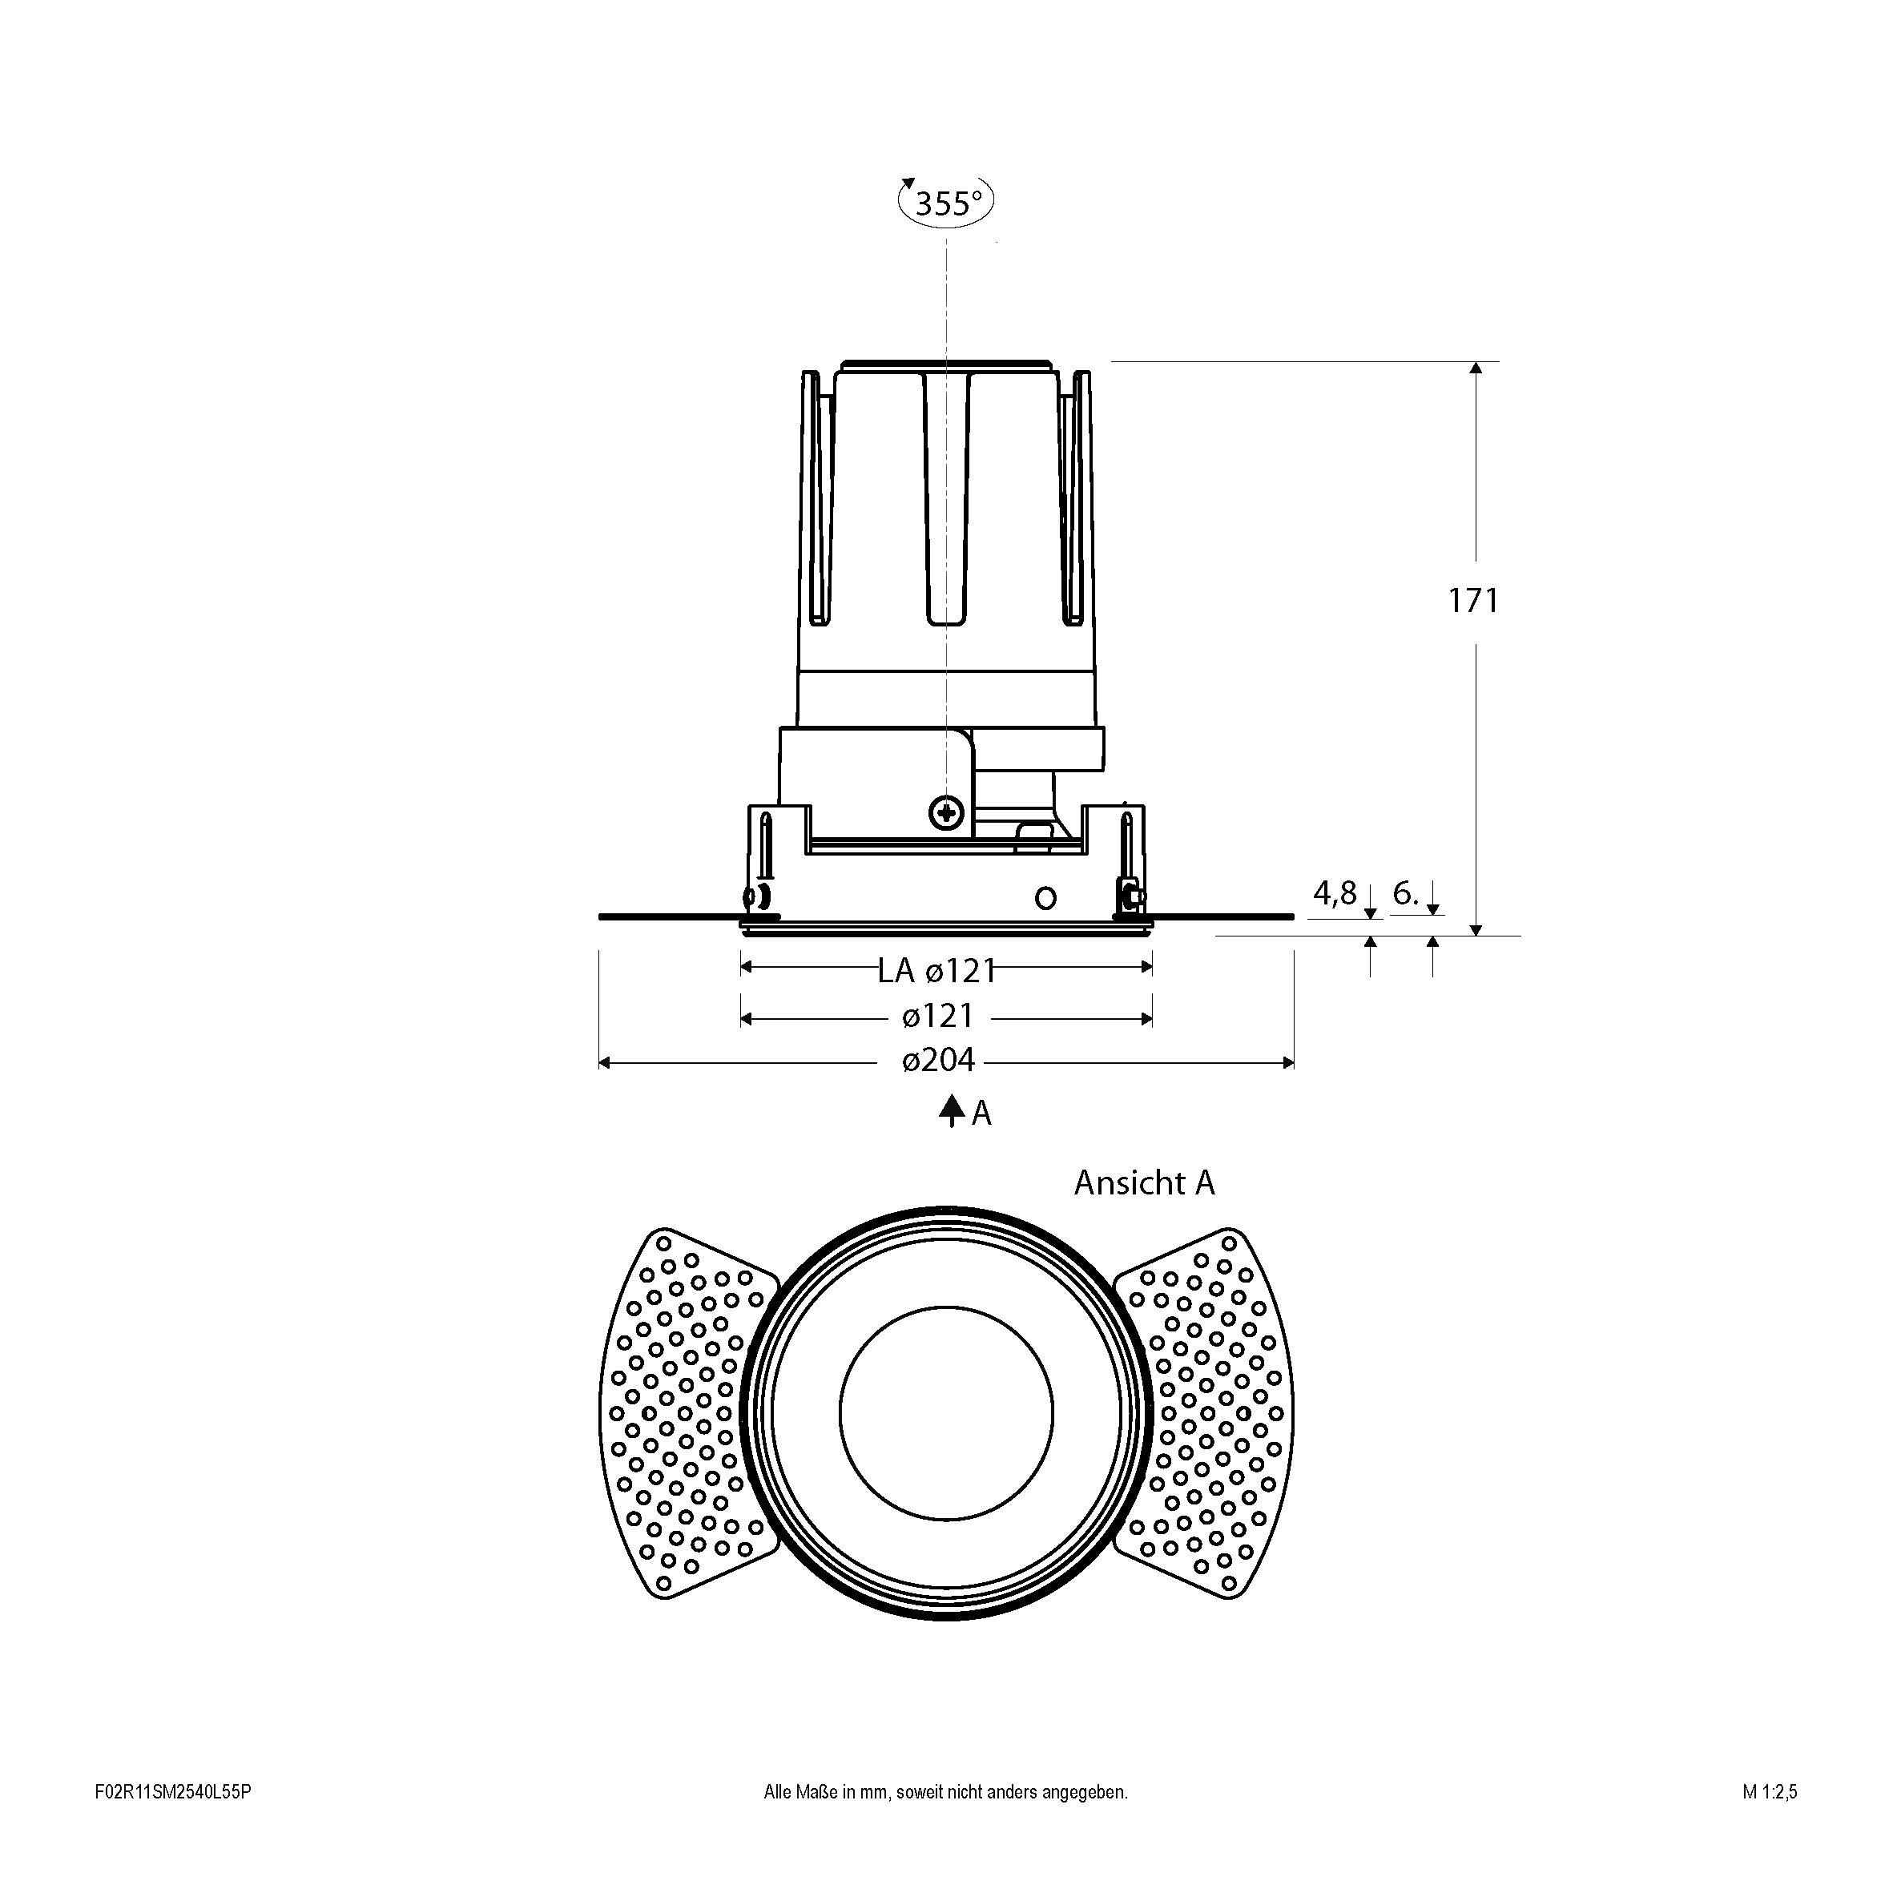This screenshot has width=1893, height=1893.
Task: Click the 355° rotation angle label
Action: tap(947, 203)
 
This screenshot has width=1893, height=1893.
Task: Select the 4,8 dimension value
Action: tap(1335, 892)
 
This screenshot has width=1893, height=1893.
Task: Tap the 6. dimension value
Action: tap(1405, 892)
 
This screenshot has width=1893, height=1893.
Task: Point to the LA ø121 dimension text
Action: tap(936, 970)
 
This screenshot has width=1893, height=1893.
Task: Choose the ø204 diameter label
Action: tap(939, 1060)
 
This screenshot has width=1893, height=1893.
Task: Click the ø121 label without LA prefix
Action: tap(939, 1016)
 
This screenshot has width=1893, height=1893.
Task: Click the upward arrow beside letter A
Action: tap(950, 1111)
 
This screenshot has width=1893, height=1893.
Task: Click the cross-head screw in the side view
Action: tap(947, 812)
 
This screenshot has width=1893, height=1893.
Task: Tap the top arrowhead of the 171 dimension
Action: tap(1476, 368)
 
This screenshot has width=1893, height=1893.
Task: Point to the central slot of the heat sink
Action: tap(947, 500)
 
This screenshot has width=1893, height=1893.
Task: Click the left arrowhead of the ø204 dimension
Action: tap(603, 1062)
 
